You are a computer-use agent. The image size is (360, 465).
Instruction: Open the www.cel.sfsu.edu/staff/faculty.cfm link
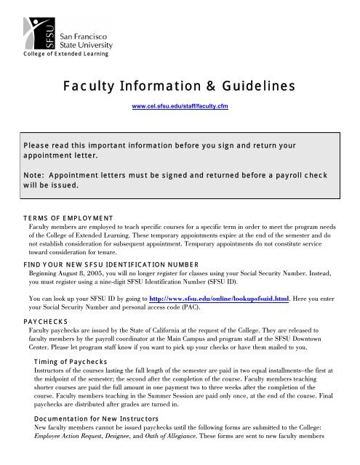pos(180,107)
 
